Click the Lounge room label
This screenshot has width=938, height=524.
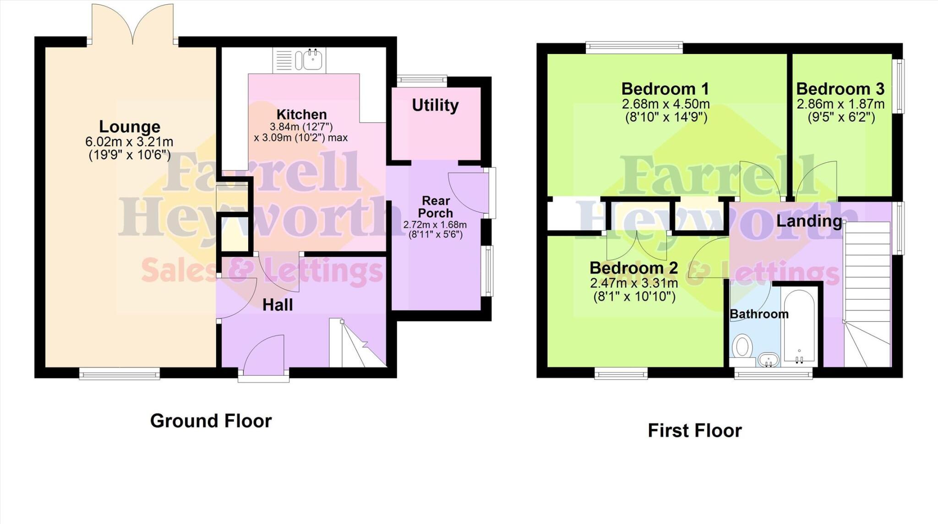pyautogui.click(x=130, y=127)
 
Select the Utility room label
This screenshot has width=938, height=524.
pyautogui.click(x=435, y=105)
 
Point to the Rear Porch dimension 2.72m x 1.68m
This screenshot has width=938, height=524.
pyautogui.click(x=435, y=225)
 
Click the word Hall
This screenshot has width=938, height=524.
pyautogui.click(x=278, y=305)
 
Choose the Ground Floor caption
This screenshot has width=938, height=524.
pyautogui.click(x=211, y=421)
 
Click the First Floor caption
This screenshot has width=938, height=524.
pyautogui.click(x=694, y=431)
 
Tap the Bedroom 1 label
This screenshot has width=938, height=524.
pyautogui.click(x=665, y=88)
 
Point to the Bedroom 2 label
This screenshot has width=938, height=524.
pyautogui.click(x=633, y=268)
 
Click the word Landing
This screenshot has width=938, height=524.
pyautogui.click(x=809, y=221)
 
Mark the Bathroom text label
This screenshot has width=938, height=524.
pyautogui.click(x=759, y=314)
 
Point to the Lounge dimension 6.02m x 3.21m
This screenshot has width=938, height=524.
pyautogui.click(x=129, y=142)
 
